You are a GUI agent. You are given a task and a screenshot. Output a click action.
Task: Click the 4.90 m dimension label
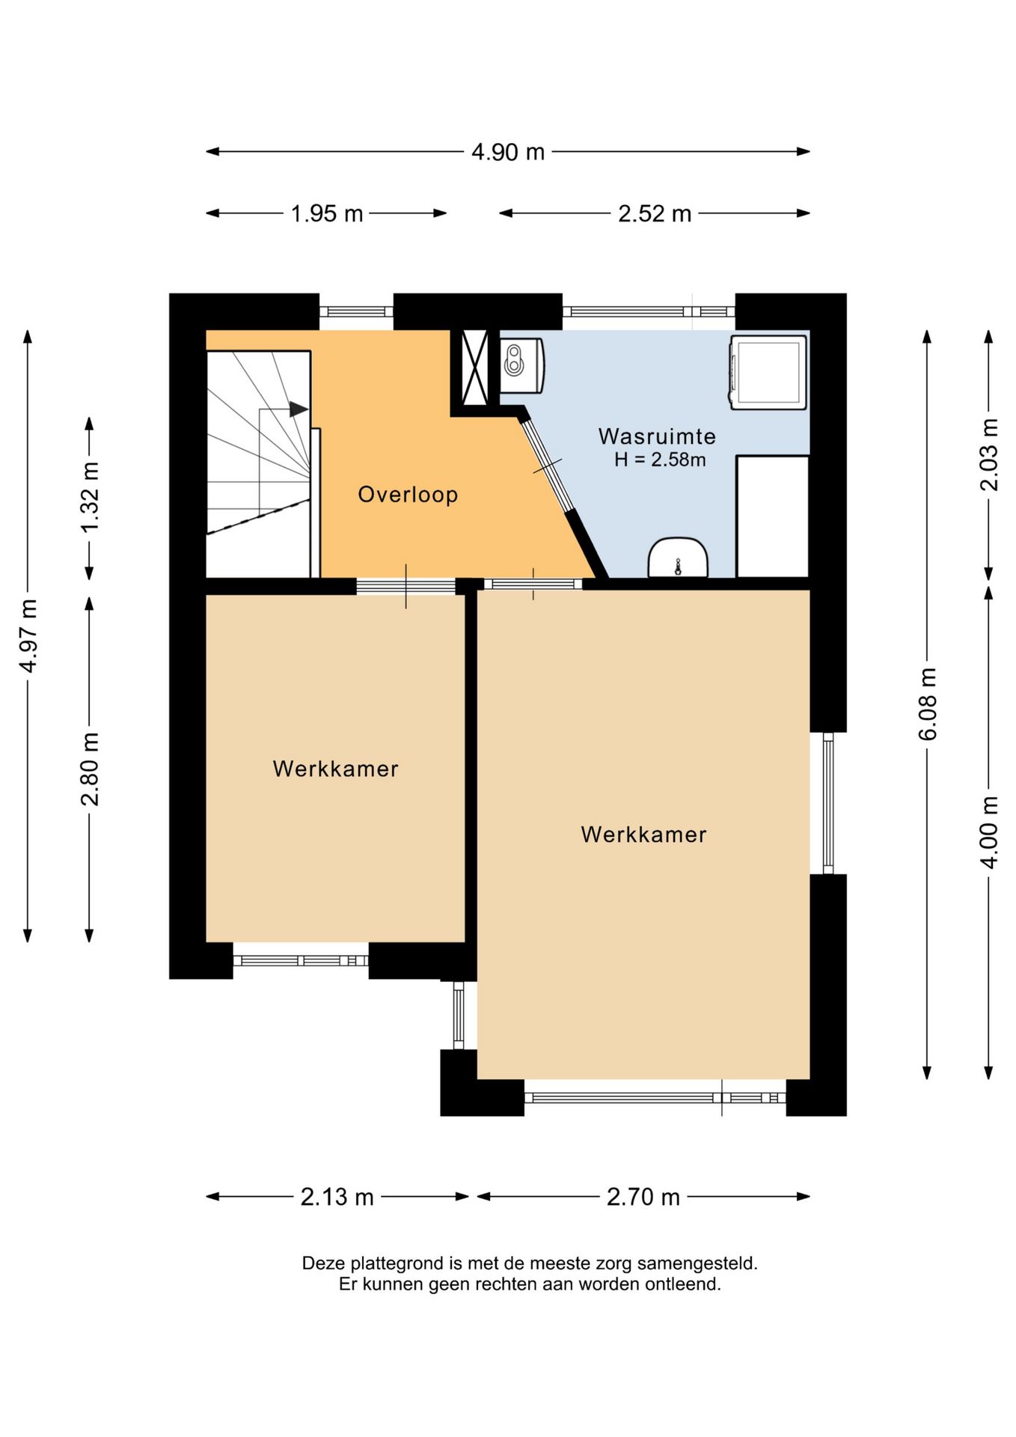coord(507,152)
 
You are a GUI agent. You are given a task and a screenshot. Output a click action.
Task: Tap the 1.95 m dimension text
coord(327,214)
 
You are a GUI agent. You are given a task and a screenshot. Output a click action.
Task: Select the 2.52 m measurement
coord(654,214)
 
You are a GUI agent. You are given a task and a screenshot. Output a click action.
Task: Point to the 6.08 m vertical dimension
coord(927,704)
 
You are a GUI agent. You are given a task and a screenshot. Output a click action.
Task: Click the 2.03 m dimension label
coord(988,454)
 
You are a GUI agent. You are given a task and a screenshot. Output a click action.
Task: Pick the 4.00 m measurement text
coord(988,832)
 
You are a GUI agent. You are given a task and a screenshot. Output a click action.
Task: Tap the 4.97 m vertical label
coord(28,635)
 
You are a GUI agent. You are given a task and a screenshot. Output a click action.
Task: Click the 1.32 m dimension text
coord(90,498)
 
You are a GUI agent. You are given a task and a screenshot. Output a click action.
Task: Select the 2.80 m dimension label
coord(90,769)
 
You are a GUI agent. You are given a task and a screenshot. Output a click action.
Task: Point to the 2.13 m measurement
coord(337,1197)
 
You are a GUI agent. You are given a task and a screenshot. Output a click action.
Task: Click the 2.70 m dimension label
coord(643,1197)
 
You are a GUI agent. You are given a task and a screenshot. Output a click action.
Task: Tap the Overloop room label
coord(408,495)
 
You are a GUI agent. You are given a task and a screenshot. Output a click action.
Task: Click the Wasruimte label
coord(657,436)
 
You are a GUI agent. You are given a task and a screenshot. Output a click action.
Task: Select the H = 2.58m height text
coord(660,460)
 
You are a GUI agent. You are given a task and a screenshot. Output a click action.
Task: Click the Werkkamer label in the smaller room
coord(335,769)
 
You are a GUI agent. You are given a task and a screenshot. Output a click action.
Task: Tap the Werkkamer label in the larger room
coord(643,835)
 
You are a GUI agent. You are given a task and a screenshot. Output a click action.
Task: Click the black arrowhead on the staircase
coord(299,409)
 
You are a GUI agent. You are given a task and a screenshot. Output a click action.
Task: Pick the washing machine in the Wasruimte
coord(768,372)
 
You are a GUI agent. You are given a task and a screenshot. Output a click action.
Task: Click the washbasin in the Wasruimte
coord(678,558)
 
